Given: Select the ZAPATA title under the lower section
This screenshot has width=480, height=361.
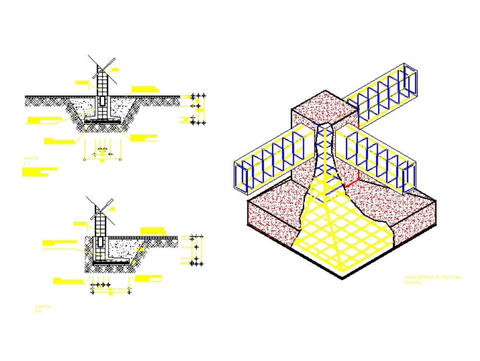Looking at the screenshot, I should pyautogui.click(x=43, y=306).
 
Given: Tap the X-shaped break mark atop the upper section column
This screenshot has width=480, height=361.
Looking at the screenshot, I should pyautogui.click(x=102, y=66).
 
